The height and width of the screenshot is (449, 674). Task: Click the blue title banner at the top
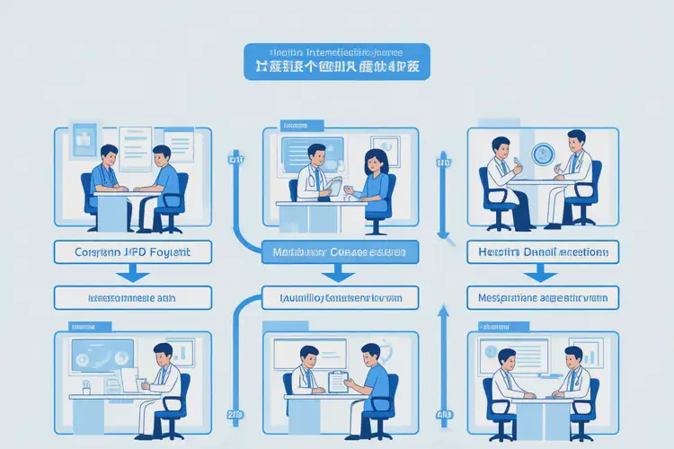pyautogui.click(x=337, y=61)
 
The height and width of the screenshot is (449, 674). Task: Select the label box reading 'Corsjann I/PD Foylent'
pyautogui.click(x=133, y=252)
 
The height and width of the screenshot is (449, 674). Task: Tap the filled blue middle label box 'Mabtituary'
pyautogui.click(x=340, y=253)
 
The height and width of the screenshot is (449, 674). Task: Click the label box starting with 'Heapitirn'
pyautogui.click(x=543, y=252)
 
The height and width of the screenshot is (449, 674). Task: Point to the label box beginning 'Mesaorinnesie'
pyautogui.click(x=133, y=297)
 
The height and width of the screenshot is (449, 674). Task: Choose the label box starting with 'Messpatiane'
pyautogui.click(x=543, y=297)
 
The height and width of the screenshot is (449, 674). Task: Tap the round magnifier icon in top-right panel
pyautogui.click(x=543, y=154)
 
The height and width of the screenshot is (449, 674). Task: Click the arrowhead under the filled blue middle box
pyautogui.click(x=340, y=279)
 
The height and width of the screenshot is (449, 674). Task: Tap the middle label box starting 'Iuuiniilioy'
pyautogui.click(x=340, y=297)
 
